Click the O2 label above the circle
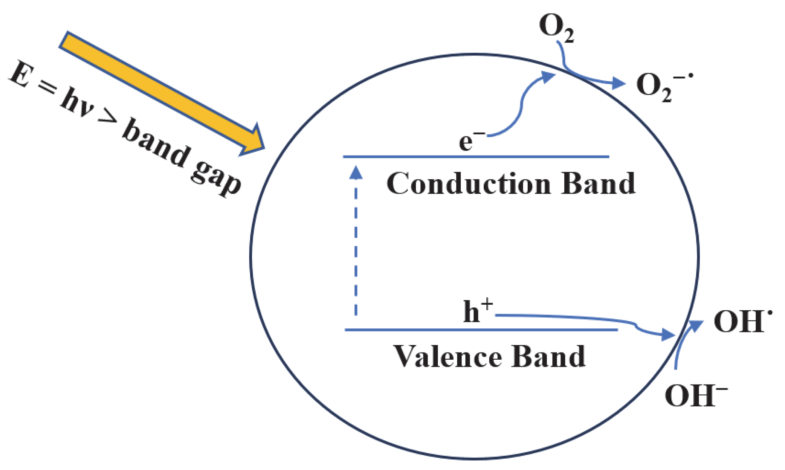(556, 27)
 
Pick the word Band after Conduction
(598, 184)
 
